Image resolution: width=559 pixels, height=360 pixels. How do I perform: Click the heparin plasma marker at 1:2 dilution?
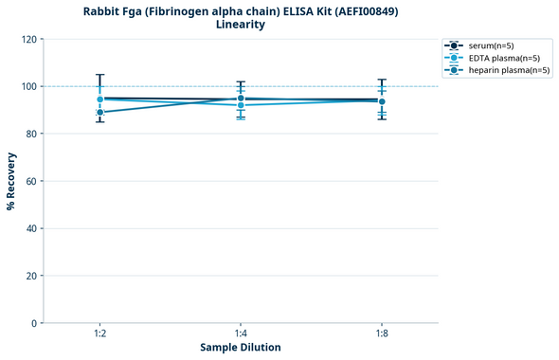[x=100, y=113]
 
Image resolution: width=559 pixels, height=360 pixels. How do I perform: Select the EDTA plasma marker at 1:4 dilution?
[x=241, y=105]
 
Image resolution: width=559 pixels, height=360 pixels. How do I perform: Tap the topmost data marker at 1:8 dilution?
[x=382, y=100]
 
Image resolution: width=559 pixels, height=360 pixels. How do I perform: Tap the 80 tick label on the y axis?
[x=29, y=134]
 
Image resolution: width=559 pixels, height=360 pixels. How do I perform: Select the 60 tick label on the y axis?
[x=29, y=181]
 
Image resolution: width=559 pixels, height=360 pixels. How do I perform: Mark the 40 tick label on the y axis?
[x=29, y=228]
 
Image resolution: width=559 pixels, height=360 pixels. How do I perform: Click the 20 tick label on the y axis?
[x=29, y=276]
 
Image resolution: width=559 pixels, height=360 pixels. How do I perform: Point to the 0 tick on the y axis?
[x=32, y=323]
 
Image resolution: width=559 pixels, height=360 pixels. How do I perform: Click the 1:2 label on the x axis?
[x=100, y=334]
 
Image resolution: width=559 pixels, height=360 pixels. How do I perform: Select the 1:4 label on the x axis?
[x=241, y=334]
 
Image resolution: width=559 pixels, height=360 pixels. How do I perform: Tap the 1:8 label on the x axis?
[x=382, y=334]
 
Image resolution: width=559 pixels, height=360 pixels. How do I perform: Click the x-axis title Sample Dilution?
[x=241, y=348]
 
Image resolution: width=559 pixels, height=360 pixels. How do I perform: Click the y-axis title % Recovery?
[x=11, y=181]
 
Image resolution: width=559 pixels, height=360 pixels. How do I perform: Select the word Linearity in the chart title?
[x=241, y=25]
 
